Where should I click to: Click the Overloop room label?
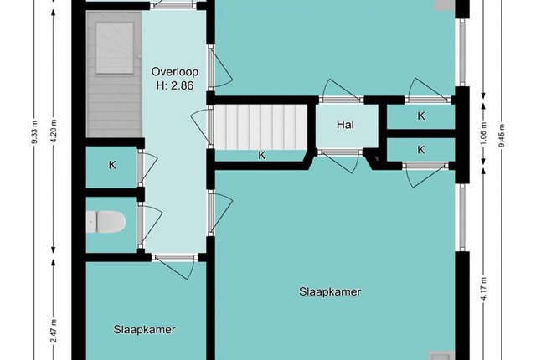pos(175,72)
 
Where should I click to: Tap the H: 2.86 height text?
pos(175,85)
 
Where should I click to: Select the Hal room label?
pos(345,125)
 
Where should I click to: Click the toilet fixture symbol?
pos(106,222)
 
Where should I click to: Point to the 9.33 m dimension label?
pos(35,132)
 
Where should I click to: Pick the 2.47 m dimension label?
pos(54,331)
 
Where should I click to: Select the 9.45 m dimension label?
pos(502,135)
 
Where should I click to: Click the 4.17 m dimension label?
pos(484,289)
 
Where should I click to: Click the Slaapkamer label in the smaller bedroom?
pos(145,330)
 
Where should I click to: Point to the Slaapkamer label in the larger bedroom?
pos(330,291)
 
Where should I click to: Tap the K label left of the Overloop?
pos(112,165)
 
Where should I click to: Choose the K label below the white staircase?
pos(262,156)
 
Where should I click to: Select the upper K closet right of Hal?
pos(421,116)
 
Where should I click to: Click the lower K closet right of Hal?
pos(421,150)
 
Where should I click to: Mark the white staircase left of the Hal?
pos(260,127)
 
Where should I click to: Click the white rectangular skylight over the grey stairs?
pos(115,49)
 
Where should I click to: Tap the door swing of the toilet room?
pos(151,225)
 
